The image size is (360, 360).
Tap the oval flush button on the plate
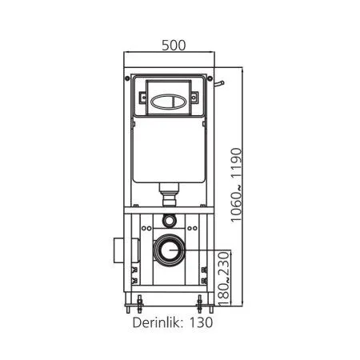point(169,102)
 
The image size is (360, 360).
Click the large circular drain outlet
point(169,251)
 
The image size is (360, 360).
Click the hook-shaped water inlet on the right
point(221,83)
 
